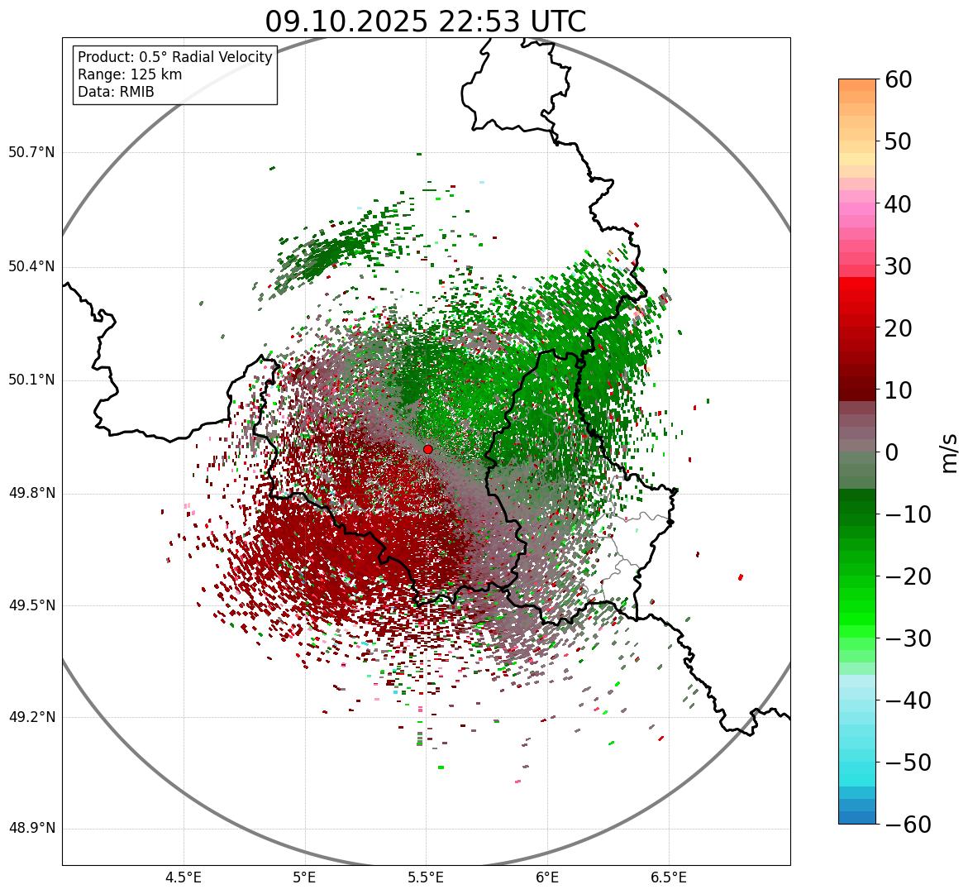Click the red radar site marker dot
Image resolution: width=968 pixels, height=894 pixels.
[427, 449]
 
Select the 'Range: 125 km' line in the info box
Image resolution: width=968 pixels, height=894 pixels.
[130, 74]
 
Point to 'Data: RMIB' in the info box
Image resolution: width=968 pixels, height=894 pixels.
[116, 92]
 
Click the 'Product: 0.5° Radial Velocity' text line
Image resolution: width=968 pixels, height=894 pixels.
[174, 57]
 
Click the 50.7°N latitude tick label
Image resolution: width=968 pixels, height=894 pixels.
[31, 152]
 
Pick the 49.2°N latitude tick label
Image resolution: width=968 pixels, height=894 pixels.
[31, 717]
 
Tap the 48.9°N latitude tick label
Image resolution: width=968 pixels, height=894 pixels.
[31, 829]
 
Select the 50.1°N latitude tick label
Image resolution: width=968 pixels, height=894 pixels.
[31, 380]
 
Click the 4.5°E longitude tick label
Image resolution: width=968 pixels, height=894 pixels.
[184, 877]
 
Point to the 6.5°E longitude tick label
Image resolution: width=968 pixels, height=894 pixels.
[669, 877]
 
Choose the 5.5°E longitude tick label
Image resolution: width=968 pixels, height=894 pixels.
[426, 877]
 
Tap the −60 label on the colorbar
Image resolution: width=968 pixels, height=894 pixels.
[907, 825]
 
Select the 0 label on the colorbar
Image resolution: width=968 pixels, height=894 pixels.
[892, 452]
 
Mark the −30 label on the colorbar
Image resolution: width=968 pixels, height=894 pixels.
[907, 638]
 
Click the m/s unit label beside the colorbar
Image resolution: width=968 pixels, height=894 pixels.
[949, 452]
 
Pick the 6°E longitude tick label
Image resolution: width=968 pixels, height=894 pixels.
[547, 877]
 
